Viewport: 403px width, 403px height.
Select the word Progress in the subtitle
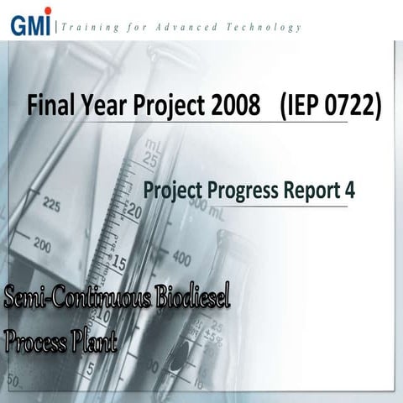point(242,191)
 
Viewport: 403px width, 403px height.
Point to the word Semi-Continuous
point(79,298)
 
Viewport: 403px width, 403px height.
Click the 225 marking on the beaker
point(51,204)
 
